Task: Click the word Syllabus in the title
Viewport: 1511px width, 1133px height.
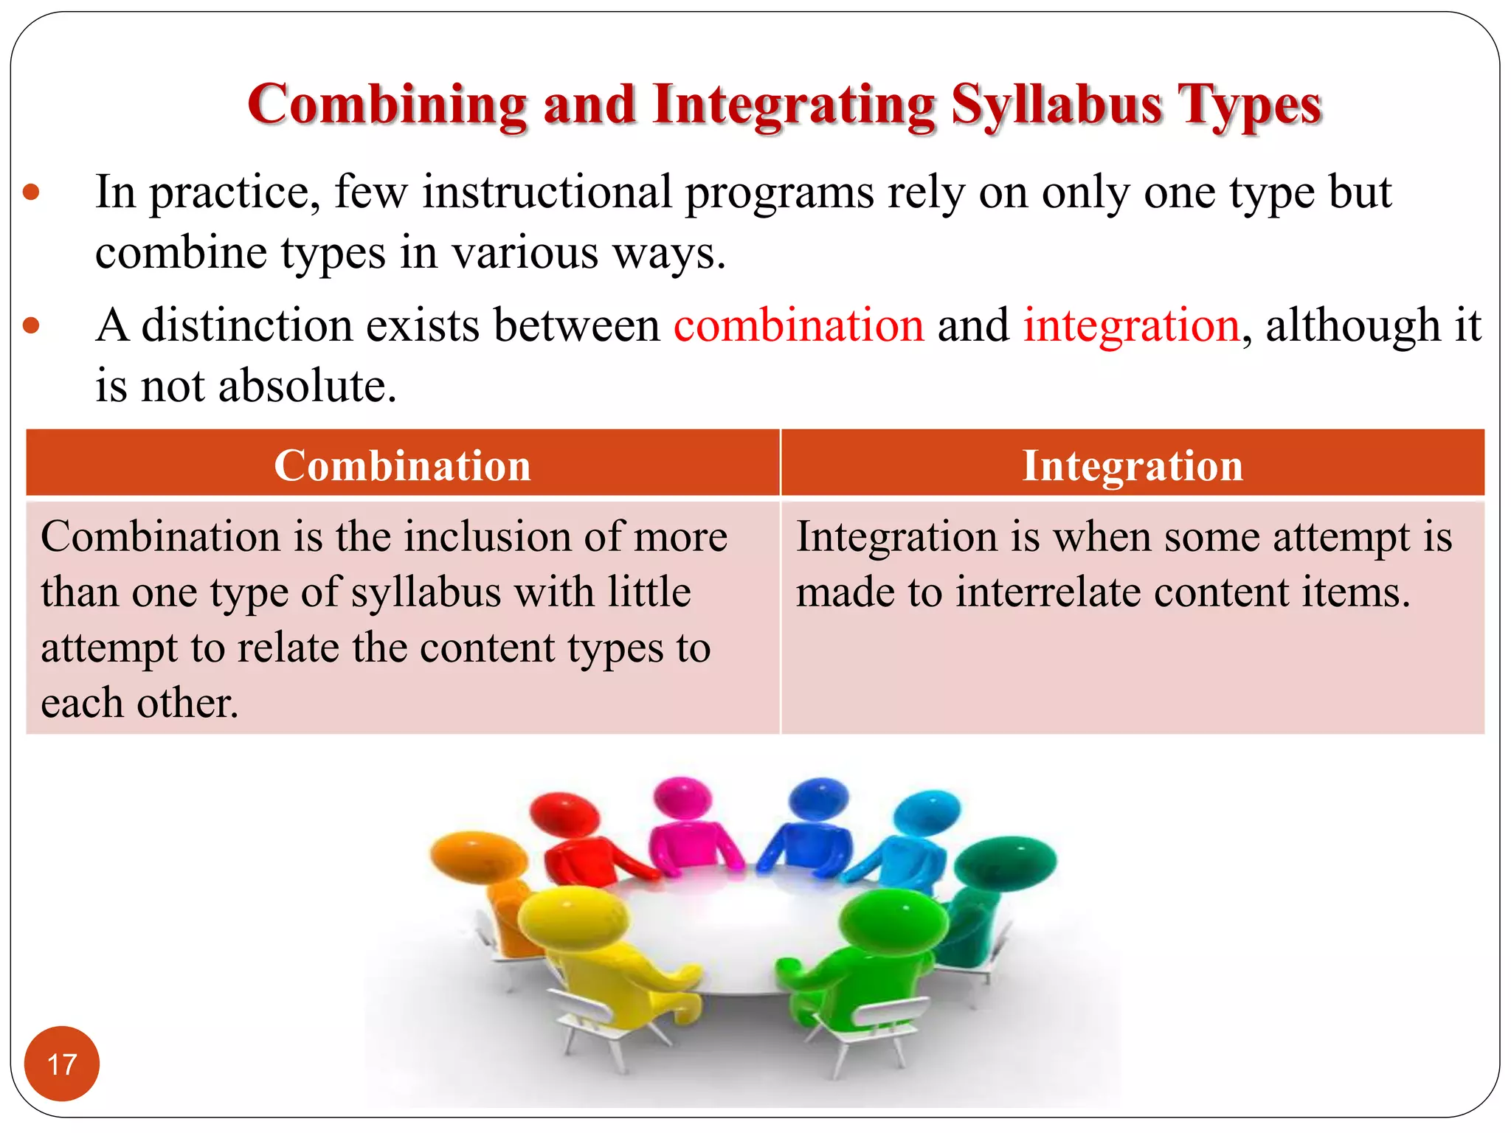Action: pyautogui.click(x=1055, y=105)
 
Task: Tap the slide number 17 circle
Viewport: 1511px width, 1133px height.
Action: pyautogui.click(x=62, y=1064)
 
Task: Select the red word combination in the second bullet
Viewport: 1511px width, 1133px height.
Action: pyautogui.click(x=798, y=325)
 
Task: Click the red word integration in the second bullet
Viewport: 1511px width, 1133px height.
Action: pyautogui.click(x=1131, y=325)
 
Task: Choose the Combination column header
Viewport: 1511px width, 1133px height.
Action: pyautogui.click(x=402, y=465)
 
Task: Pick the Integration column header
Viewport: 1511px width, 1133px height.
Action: pyautogui.click(x=1133, y=465)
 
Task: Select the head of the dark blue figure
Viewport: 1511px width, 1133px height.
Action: pyautogui.click(x=818, y=798)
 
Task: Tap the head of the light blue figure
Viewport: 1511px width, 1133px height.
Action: pyautogui.click(x=927, y=812)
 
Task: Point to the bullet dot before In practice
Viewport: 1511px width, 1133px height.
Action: pyautogui.click(x=31, y=193)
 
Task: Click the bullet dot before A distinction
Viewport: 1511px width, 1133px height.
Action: pyautogui.click(x=31, y=325)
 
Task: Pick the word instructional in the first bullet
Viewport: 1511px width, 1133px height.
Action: pyautogui.click(x=547, y=193)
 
